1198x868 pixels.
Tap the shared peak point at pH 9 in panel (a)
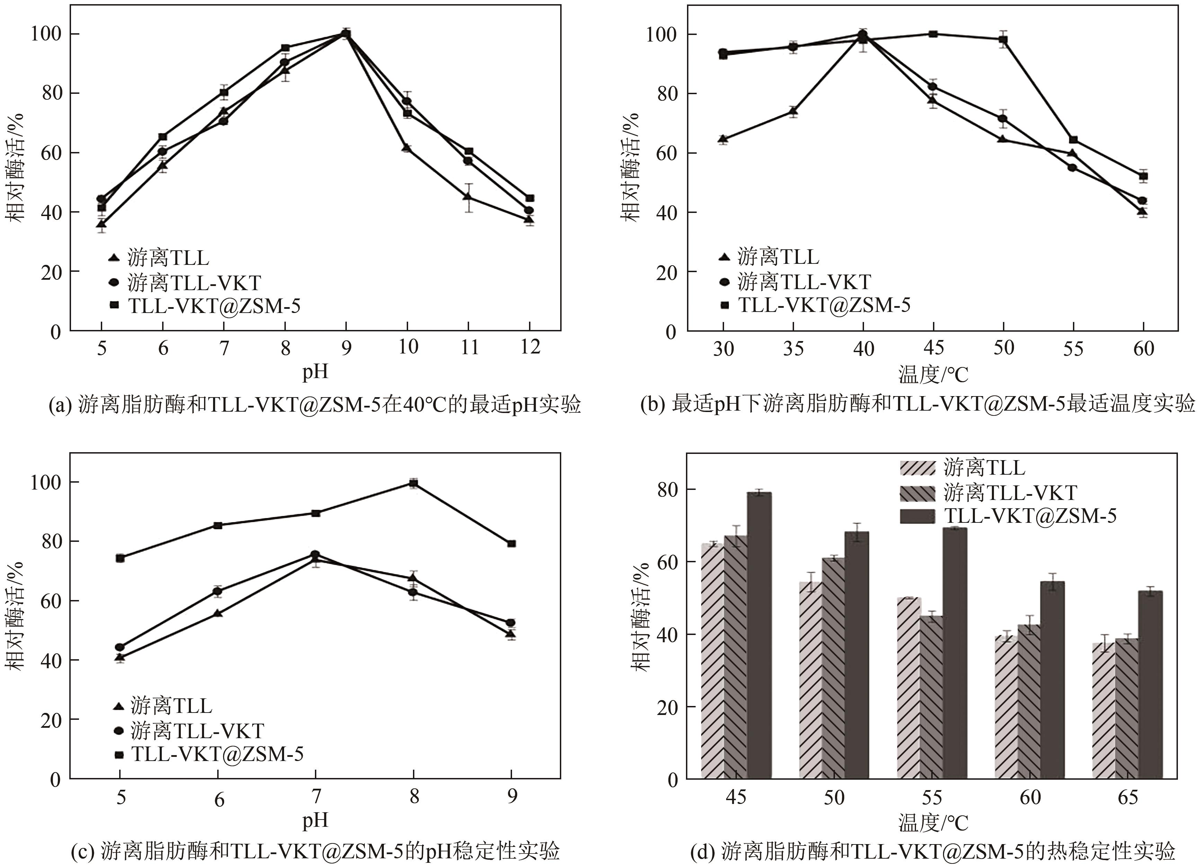[346, 34]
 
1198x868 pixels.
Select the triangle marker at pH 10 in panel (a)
[407, 148]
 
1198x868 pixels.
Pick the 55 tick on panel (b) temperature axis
[1073, 348]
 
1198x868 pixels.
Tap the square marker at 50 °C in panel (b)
[1003, 39]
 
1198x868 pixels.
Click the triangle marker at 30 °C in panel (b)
[723, 140]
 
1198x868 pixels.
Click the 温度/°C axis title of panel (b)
[933, 375]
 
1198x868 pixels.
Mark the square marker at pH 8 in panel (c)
[414, 483]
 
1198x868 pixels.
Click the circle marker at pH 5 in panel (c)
[120, 647]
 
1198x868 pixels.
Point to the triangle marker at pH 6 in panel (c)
[218, 614]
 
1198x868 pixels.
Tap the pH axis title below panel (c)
[315, 820]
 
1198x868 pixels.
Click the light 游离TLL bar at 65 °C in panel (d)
[1103, 710]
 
